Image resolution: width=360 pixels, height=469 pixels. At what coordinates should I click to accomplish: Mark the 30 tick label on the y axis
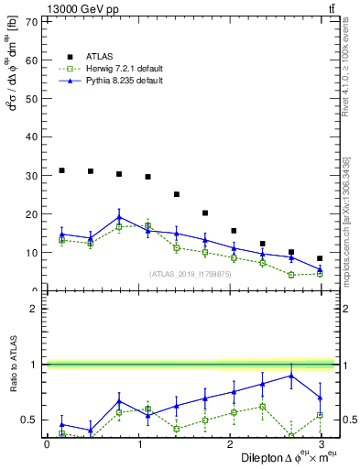point(31,175)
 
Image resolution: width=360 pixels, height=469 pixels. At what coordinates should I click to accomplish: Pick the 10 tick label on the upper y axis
point(31,252)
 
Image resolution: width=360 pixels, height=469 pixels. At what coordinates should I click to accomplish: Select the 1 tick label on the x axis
point(139,444)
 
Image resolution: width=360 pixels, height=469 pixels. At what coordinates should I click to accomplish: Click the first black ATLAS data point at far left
point(61,170)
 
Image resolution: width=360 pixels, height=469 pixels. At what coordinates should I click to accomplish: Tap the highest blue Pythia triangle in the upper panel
point(119,217)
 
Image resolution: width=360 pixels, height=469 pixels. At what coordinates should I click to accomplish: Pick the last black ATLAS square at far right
point(320,258)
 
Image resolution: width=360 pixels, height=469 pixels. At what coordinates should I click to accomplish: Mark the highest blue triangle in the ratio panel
point(291,376)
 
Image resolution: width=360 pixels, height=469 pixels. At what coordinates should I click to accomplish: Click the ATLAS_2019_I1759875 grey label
point(189,274)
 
